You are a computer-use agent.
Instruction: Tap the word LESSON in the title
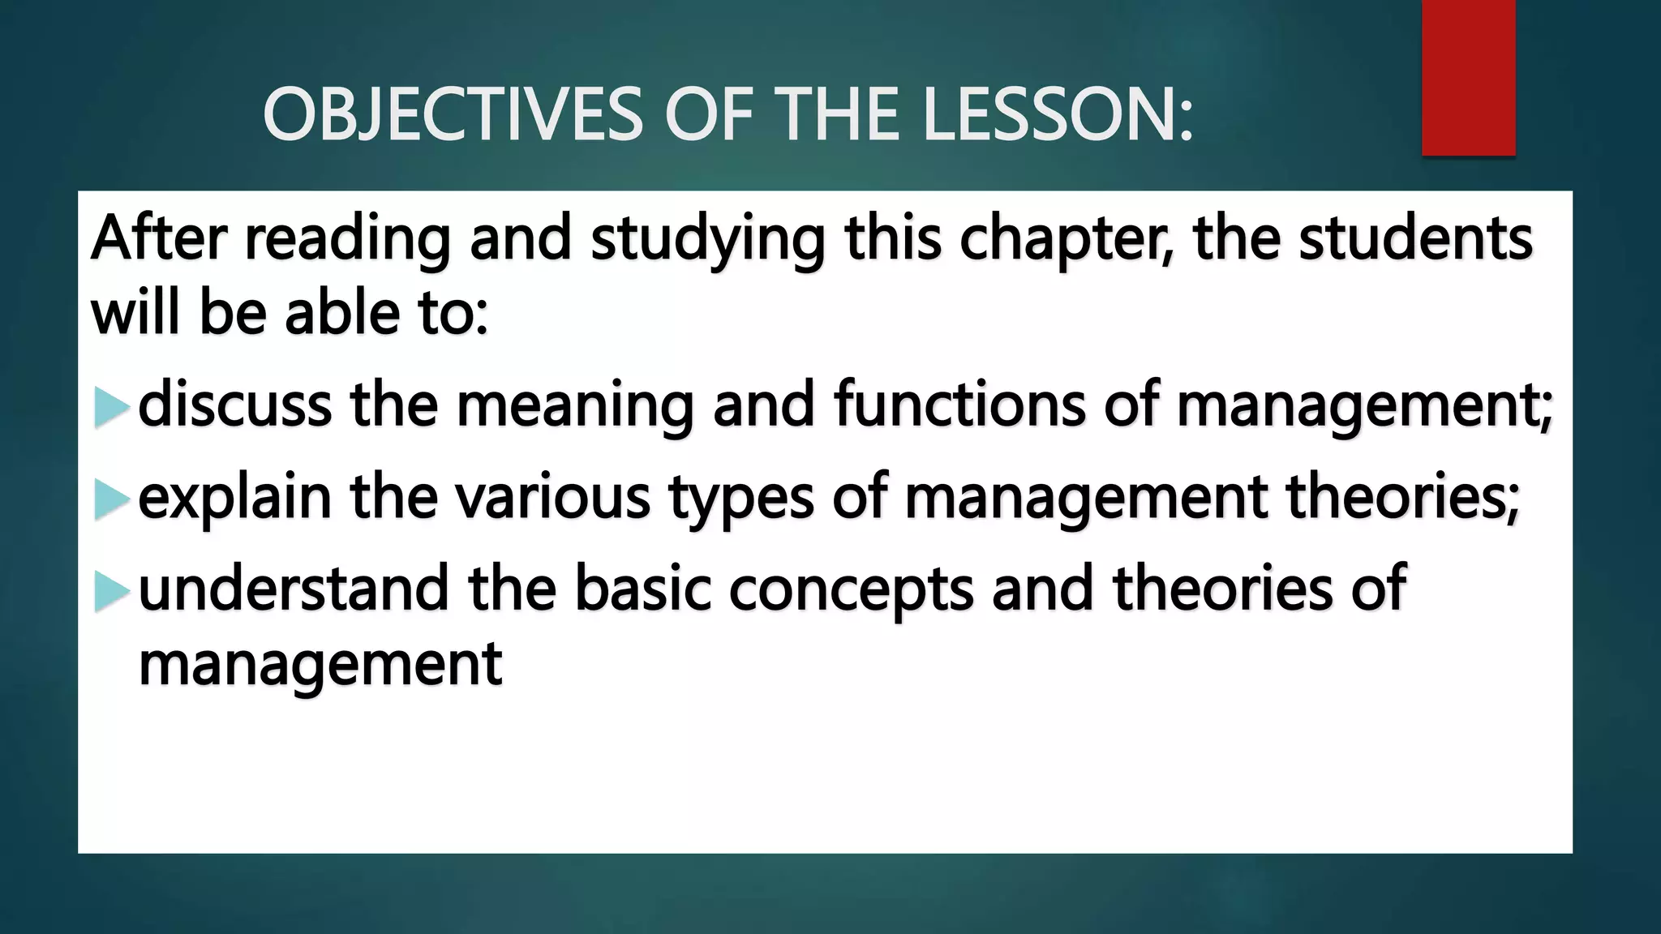(x=1058, y=116)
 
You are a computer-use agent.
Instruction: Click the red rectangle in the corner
(x=1468, y=77)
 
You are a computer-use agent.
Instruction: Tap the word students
(x=1415, y=238)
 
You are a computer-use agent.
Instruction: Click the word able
(x=340, y=313)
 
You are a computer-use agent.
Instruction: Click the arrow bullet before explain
(x=111, y=500)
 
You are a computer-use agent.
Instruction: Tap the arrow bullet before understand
(x=111, y=592)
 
